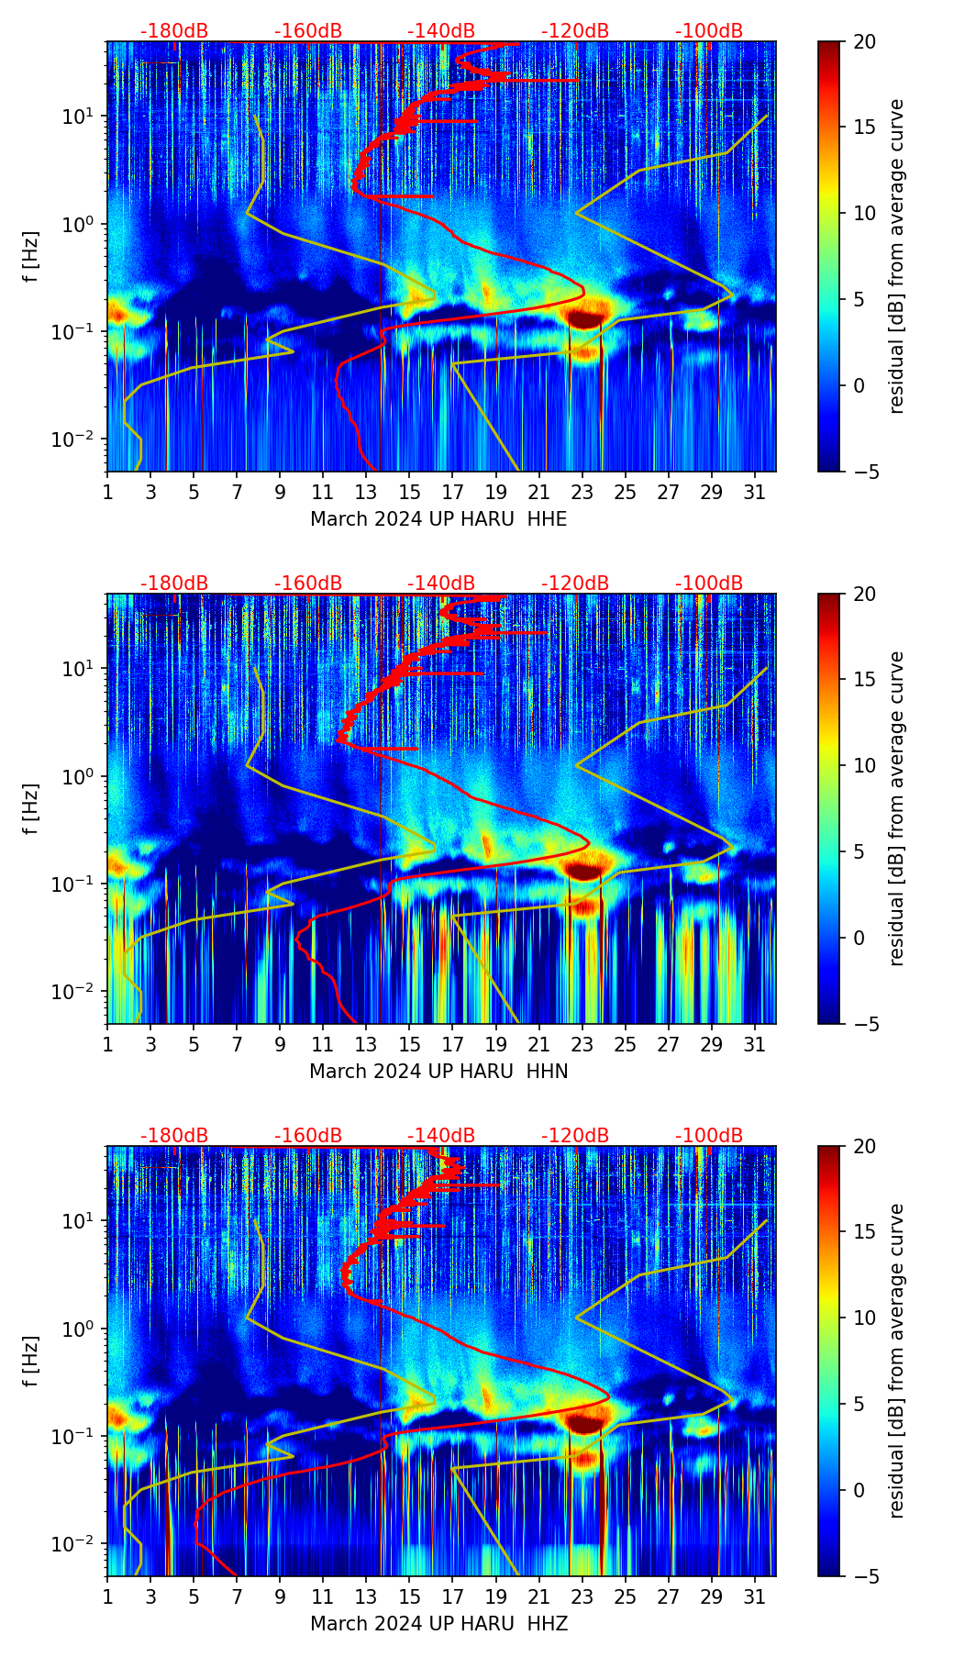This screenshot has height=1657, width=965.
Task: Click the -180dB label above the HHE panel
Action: [174, 31]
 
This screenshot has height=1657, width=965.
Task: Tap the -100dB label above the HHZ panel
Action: [709, 1136]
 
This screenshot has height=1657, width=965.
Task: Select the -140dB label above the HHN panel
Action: [441, 584]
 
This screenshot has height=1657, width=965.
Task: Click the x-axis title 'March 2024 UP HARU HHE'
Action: [438, 519]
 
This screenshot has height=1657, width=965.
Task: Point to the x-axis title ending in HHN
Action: [438, 1072]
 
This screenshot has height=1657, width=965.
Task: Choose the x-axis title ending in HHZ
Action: [438, 1624]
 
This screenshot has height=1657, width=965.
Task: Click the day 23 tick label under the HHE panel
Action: [582, 492]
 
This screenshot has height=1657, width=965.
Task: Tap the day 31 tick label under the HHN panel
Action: [755, 1044]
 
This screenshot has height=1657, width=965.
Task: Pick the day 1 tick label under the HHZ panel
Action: [107, 1596]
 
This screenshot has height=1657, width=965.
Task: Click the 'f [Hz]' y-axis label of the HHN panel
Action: [31, 808]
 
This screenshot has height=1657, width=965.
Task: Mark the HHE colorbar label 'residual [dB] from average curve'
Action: [897, 256]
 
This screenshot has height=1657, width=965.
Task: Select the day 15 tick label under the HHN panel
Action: [410, 1044]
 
